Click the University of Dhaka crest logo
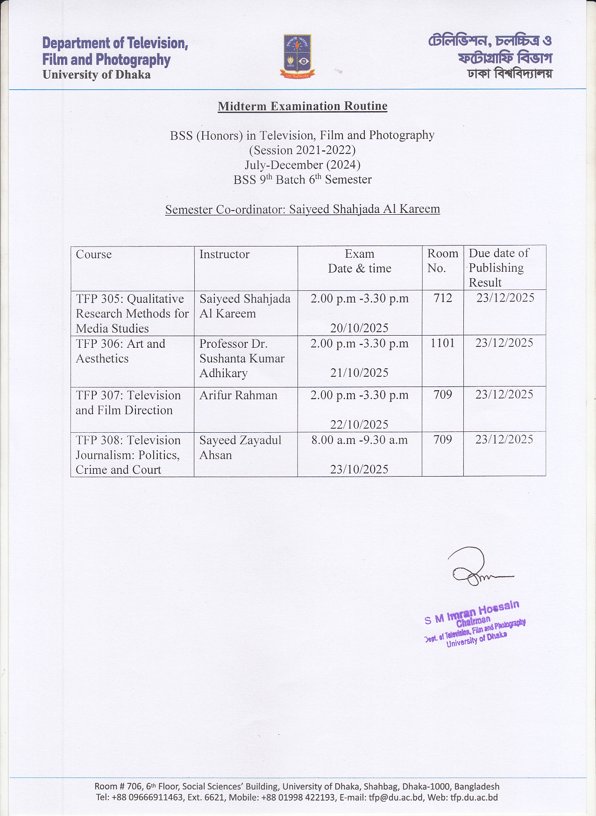click(x=298, y=56)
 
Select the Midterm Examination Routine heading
click(x=303, y=106)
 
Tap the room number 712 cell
click(x=443, y=298)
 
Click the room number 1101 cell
click(x=443, y=343)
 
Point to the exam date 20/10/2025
click(x=359, y=328)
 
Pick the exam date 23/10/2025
click(x=359, y=470)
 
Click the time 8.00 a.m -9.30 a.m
click(x=359, y=440)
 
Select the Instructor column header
click(x=224, y=254)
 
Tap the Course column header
click(x=94, y=254)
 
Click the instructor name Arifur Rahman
click(x=238, y=395)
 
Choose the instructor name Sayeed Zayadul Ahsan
click(x=240, y=448)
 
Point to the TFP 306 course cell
click(x=121, y=351)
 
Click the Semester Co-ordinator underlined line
click(x=303, y=209)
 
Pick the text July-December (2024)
click(x=303, y=165)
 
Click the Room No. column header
click(x=442, y=260)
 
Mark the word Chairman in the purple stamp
click(x=473, y=622)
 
